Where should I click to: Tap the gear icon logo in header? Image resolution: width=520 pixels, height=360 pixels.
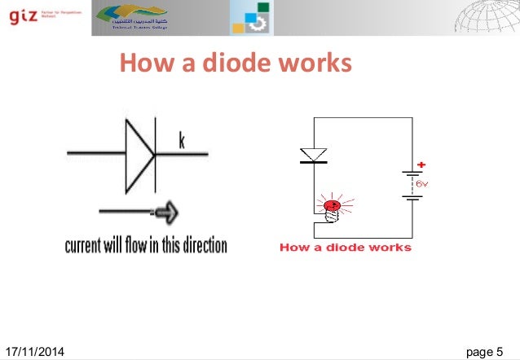[251, 18]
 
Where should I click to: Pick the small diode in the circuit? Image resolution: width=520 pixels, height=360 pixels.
[314, 155]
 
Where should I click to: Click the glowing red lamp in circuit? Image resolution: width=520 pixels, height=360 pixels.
[332, 209]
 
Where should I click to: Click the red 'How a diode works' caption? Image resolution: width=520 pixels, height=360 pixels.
[345, 248]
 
